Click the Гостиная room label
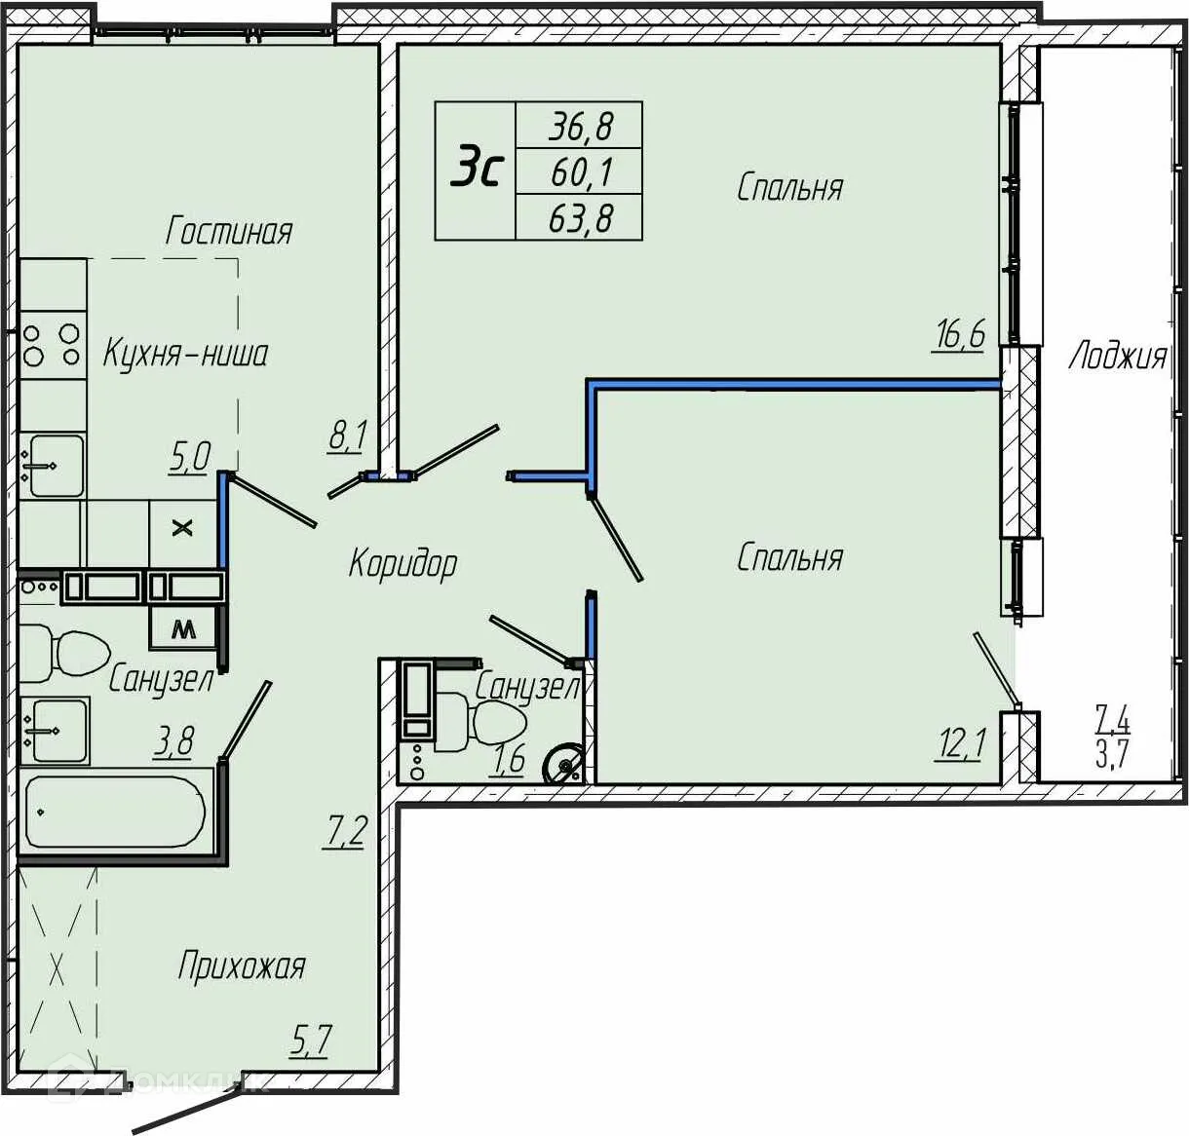pyautogui.click(x=229, y=232)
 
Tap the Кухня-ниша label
pyautogui.click(x=186, y=353)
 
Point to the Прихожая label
pyautogui.click(x=242, y=966)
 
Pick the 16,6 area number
pyautogui.click(x=959, y=335)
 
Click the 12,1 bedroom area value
pyautogui.click(x=960, y=745)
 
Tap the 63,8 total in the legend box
pyautogui.click(x=580, y=218)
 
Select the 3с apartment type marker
pyautogui.click(x=478, y=164)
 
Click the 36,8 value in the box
pyautogui.click(x=580, y=127)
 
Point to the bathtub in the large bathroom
pyautogui.click(x=116, y=812)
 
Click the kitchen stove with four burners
pyautogui.click(x=53, y=345)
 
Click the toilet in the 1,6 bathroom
pyautogui.click(x=481, y=723)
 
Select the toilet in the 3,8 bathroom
pyautogui.click(x=64, y=653)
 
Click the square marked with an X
pyautogui.click(x=182, y=528)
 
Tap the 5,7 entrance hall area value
pyautogui.click(x=310, y=1041)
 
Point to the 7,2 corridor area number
pyautogui.click(x=345, y=831)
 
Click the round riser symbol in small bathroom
pyautogui.click(x=563, y=764)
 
